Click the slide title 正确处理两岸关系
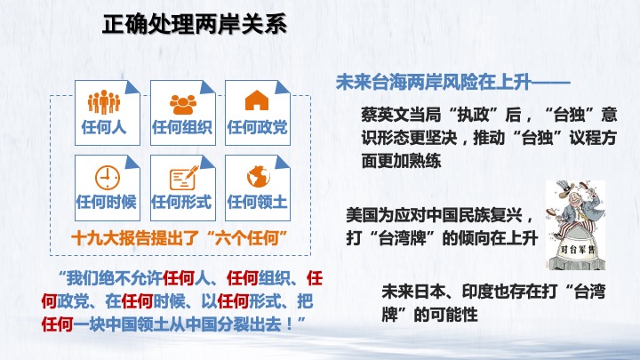[195, 25]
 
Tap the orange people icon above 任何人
[104, 101]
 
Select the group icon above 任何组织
[183, 105]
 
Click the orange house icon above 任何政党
[257, 100]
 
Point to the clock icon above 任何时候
[108, 177]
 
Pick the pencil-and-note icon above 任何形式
[184, 178]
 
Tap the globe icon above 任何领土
[259, 176]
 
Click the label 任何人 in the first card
[104, 127]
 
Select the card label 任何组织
[182, 127]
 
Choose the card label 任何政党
[257, 127]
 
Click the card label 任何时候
[106, 202]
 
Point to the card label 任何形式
[181, 202]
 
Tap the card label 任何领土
[257, 202]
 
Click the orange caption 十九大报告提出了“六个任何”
[180, 238]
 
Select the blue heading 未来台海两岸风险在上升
[434, 83]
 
